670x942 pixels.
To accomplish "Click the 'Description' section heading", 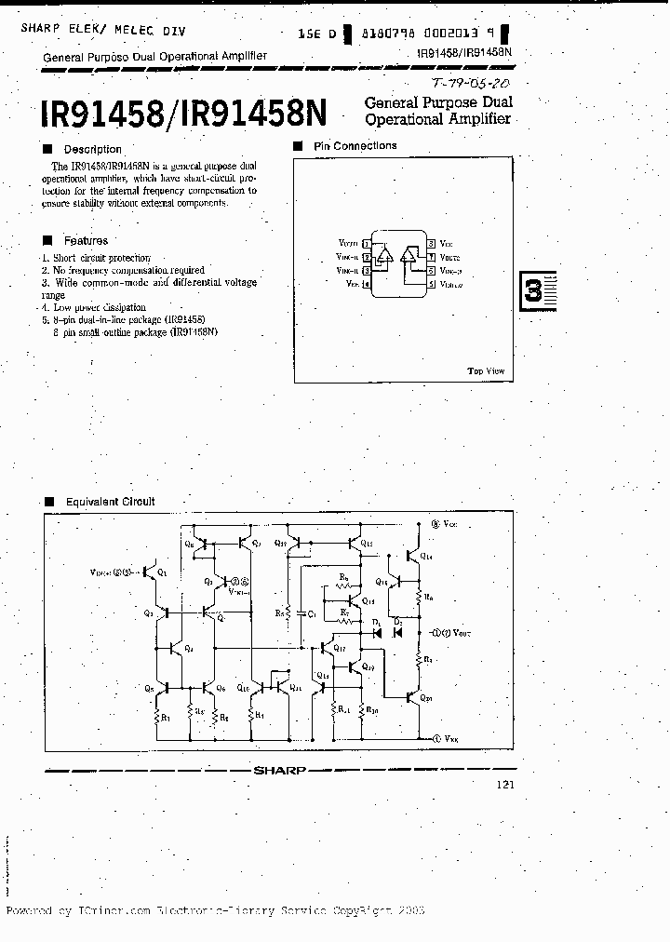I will (x=92, y=149).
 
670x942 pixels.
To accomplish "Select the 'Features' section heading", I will (x=86, y=240).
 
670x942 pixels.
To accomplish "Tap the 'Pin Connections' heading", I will (x=355, y=146).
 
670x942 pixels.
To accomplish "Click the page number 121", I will (x=504, y=785).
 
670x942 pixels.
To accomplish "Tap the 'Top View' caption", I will (x=486, y=371).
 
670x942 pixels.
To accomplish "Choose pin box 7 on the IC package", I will (x=432, y=256).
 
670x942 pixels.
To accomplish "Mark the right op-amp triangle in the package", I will (x=409, y=255).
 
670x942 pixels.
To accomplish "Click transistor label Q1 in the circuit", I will (x=163, y=572).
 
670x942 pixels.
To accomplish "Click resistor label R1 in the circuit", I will (x=165, y=718).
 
